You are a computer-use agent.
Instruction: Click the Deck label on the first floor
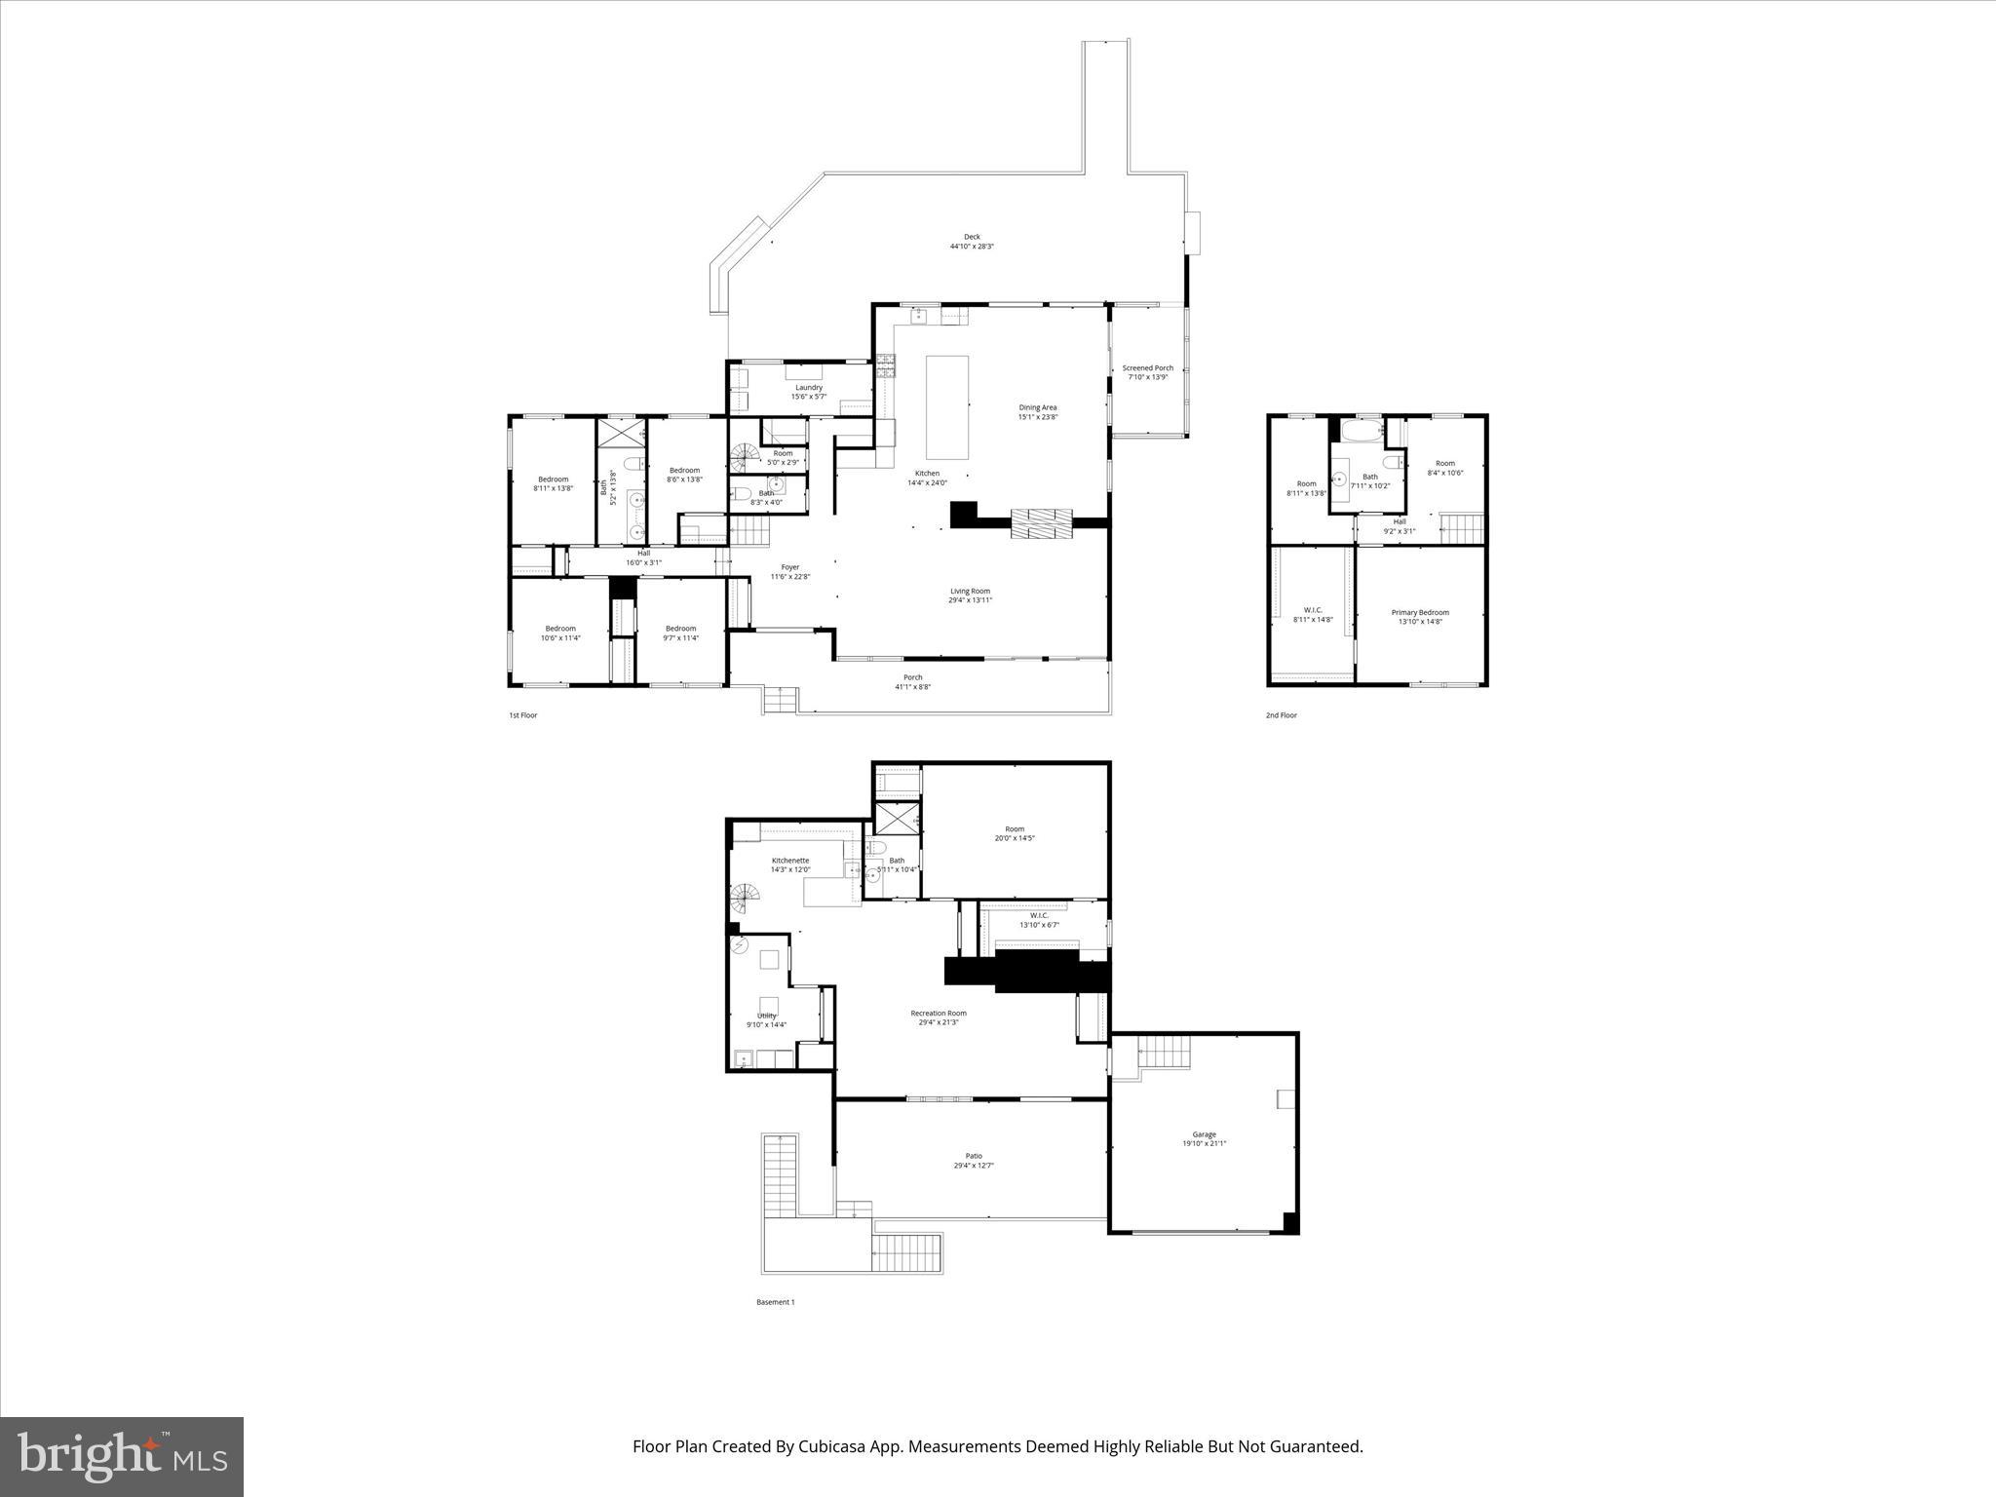[x=972, y=237]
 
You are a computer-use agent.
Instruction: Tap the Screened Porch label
[x=1147, y=368]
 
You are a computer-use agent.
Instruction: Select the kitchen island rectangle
[x=946, y=406]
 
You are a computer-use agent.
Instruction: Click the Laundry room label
[x=808, y=388]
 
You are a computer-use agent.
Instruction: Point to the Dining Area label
[x=1037, y=407]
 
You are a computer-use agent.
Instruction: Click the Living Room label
[x=970, y=591]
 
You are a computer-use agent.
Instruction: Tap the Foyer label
[x=789, y=567]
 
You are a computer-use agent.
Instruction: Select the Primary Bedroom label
[x=1419, y=613]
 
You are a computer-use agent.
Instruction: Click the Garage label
[x=1204, y=1134]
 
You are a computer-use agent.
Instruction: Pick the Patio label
[x=973, y=1156]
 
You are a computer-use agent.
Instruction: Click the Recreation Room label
[x=938, y=1014]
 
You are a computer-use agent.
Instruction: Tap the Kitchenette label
[x=789, y=861]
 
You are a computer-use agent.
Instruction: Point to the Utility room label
[x=766, y=1016]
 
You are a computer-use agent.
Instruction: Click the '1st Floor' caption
[x=522, y=715]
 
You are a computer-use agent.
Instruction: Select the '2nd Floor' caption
[x=1281, y=715]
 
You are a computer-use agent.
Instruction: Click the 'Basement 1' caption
[x=775, y=1302]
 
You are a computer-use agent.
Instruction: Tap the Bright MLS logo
[x=122, y=1457]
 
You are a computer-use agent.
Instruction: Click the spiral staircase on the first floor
[x=746, y=456]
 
